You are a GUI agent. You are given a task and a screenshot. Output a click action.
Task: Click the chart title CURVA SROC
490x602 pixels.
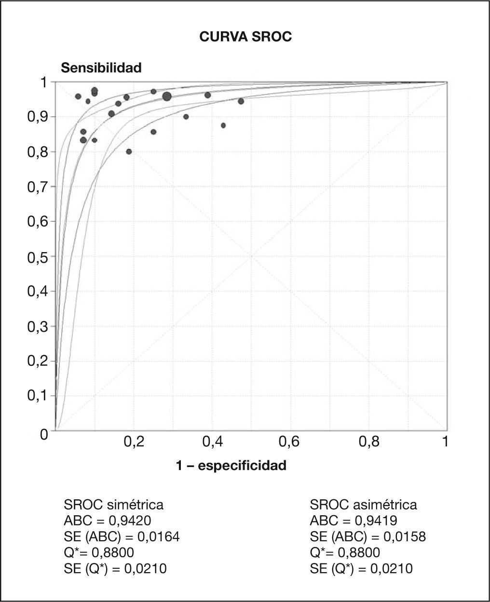(245, 37)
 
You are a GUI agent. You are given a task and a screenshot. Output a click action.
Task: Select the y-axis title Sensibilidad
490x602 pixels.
(101, 68)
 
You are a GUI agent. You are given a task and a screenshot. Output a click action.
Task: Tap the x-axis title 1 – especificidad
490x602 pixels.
(231, 466)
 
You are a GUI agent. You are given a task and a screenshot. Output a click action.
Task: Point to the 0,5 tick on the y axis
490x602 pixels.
(38, 257)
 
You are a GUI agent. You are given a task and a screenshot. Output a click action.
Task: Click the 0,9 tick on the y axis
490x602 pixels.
(38, 118)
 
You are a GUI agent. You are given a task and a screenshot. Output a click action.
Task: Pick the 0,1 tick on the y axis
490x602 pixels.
(38, 396)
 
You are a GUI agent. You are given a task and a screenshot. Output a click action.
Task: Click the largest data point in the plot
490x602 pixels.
(167, 96)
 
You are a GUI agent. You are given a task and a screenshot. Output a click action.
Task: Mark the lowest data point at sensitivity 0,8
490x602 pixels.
(129, 152)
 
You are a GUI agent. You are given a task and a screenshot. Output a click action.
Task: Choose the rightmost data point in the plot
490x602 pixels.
(241, 101)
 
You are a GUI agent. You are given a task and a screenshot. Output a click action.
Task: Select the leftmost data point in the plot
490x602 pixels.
(78, 96)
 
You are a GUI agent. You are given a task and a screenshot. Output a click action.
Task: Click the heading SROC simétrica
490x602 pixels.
(114, 505)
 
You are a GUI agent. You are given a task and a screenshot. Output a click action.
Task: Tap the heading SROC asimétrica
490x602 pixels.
(364, 505)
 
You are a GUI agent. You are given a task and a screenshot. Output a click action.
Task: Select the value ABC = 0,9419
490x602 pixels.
(354, 521)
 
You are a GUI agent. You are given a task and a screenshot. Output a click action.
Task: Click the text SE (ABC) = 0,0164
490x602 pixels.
(122, 536)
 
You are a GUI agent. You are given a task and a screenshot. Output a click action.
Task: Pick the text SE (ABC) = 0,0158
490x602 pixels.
(368, 536)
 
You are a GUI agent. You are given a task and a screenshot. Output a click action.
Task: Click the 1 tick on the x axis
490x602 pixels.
(445, 441)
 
